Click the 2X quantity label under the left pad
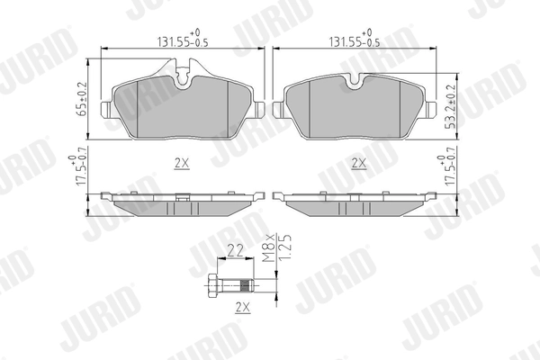point(181,163)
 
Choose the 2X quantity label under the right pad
point(357,163)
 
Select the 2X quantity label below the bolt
point(241,308)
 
